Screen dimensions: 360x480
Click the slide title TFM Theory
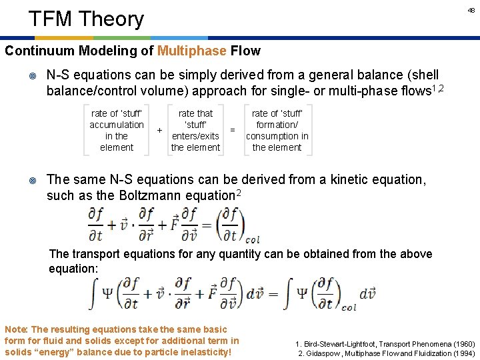(x=86, y=19)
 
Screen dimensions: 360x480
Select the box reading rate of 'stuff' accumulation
(x=116, y=130)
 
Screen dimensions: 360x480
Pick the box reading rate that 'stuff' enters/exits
(x=195, y=130)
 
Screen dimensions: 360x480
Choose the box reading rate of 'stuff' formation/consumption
(x=277, y=130)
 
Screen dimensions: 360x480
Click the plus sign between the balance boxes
(x=159, y=130)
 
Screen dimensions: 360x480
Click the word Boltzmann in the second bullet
(x=175, y=196)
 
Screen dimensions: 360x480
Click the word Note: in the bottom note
(x=17, y=329)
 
